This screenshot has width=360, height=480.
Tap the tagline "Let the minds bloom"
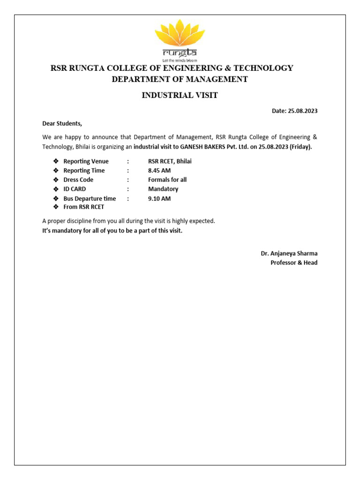pos(180,60)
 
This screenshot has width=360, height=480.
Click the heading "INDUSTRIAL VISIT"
pos(180,96)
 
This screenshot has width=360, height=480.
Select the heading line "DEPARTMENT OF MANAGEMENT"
pos(180,79)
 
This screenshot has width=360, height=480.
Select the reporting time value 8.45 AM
pos(159,171)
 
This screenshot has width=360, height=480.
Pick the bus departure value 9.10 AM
pos(159,199)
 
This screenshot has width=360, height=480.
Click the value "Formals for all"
pos(167,180)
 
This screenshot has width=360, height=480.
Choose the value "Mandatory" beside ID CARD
pos(163,189)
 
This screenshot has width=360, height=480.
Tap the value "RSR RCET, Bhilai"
pos(170,161)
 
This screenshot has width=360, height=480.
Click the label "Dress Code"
pos(78,180)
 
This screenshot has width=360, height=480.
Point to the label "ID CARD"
pos(75,189)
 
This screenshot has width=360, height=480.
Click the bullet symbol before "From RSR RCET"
pos(55,207)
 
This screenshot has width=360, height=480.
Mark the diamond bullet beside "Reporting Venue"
pos(55,161)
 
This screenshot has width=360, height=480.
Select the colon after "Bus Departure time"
pos(128,199)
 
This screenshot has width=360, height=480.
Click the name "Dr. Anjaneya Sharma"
pos(289,254)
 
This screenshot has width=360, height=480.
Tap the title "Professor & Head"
pos(294,263)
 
